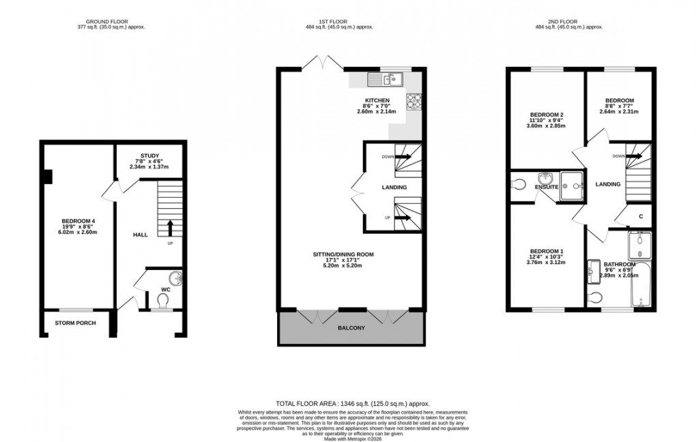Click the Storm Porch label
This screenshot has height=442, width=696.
coord(75,323)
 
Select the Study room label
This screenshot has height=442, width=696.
coord(149,155)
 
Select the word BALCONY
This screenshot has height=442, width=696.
coord(351,328)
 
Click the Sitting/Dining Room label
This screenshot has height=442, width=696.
coord(343,254)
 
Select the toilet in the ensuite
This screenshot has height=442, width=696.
coord(518,183)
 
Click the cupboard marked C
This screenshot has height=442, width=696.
coord(641,217)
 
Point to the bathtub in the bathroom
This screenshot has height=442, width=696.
coord(642,286)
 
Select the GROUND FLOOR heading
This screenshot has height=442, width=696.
coord(112,22)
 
